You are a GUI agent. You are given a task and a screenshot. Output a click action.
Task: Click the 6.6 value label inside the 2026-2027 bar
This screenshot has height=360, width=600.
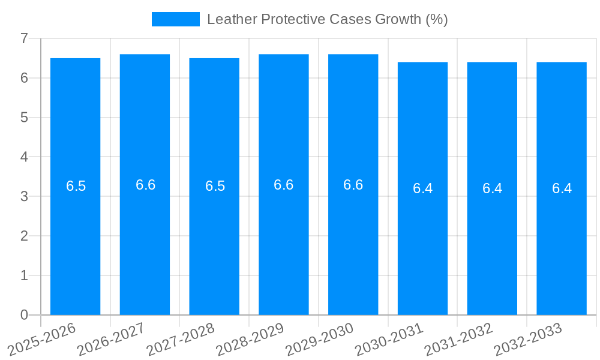(145, 185)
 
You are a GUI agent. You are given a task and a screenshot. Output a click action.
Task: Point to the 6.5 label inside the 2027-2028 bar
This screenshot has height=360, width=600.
(215, 186)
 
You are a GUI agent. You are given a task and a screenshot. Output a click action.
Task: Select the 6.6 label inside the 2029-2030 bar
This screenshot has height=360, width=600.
(353, 185)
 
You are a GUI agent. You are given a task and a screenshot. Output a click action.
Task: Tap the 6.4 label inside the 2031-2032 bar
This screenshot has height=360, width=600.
(492, 188)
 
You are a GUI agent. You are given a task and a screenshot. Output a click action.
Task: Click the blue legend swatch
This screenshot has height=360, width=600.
(175, 19)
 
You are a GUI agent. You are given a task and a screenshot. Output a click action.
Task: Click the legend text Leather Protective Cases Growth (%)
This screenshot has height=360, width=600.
(327, 19)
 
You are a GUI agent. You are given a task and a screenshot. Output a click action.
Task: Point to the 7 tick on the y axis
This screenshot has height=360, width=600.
(24, 39)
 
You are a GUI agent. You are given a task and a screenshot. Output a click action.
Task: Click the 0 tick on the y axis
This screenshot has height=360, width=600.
(24, 315)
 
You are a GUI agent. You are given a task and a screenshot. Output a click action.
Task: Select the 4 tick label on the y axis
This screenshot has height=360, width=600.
(24, 157)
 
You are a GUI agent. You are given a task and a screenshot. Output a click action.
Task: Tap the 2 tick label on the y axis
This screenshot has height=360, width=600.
(24, 236)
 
